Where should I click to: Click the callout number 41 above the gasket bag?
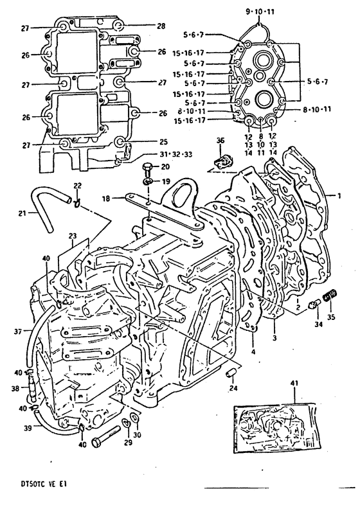(x=294, y=384)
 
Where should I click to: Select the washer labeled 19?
(x=147, y=181)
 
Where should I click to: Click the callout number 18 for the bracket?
(x=106, y=199)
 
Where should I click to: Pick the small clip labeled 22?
(x=76, y=203)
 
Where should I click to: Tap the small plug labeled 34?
(x=314, y=303)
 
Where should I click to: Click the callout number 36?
(x=220, y=141)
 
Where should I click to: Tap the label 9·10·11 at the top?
(x=260, y=12)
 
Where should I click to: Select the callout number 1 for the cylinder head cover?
(x=339, y=195)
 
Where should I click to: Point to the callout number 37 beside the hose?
(x=19, y=331)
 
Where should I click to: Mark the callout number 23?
(x=73, y=236)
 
